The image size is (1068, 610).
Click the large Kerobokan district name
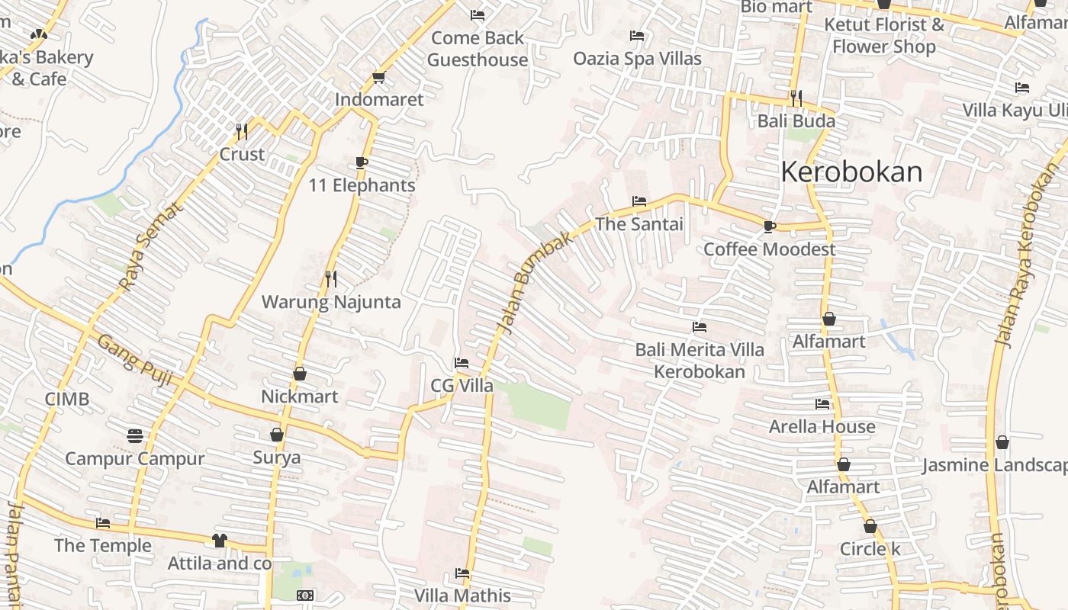(x=851, y=172)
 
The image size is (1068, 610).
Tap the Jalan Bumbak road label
(x=534, y=282)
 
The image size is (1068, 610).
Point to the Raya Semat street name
(x=152, y=246)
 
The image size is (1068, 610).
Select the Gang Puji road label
(x=133, y=360)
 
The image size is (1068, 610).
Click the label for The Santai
(x=639, y=224)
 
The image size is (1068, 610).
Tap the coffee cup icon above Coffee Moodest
(x=769, y=226)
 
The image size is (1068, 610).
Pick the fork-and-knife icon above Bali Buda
(x=796, y=98)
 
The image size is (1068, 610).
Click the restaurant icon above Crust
(x=242, y=131)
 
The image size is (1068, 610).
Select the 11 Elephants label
(x=362, y=185)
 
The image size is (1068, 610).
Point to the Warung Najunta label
(x=331, y=302)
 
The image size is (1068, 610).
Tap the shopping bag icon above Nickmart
(x=300, y=374)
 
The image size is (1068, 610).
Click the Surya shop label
(x=276, y=457)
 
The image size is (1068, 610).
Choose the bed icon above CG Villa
(x=461, y=363)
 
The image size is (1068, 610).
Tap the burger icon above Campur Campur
(x=135, y=435)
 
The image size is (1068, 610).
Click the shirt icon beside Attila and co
(x=220, y=541)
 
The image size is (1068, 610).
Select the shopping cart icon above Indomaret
(x=378, y=77)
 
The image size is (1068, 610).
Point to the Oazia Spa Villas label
(x=637, y=59)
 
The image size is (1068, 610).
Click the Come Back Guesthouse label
(x=478, y=49)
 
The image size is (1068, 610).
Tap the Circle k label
(x=870, y=549)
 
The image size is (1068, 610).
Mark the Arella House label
(x=822, y=426)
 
